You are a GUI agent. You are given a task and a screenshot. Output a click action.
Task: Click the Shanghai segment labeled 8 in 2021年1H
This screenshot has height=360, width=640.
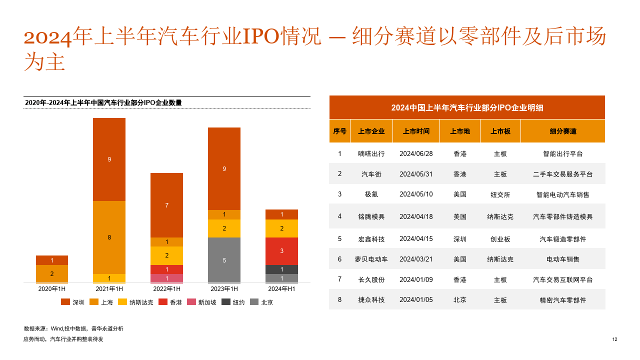click(x=109, y=237)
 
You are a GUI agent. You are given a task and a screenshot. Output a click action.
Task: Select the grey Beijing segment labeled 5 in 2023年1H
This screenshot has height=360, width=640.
click(x=224, y=260)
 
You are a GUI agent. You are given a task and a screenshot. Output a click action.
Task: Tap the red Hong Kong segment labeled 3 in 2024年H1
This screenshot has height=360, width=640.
click(x=281, y=251)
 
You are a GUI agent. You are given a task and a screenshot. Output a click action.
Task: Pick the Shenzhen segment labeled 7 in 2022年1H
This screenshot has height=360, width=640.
click(x=166, y=205)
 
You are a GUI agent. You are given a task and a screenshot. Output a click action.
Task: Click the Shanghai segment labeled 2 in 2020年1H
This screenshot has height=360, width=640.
click(x=52, y=274)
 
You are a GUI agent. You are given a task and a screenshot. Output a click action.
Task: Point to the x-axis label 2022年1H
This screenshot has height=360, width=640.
click(x=166, y=289)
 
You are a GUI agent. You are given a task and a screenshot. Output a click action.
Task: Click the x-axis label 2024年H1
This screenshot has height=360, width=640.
click(x=281, y=289)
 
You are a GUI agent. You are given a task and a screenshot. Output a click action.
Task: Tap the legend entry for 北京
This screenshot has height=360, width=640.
click(x=261, y=302)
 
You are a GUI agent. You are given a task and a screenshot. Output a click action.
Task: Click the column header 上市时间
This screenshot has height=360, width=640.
click(x=416, y=131)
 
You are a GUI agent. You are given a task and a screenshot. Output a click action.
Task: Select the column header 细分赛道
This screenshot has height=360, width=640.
click(x=563, y=131)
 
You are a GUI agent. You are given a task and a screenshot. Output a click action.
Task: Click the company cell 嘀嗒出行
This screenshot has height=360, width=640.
click(x=371, y=154)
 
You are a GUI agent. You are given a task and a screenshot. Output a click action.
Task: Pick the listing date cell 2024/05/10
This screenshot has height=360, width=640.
click(x=416, y=194)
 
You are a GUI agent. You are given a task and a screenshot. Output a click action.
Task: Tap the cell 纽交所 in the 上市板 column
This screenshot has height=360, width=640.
click(x=500, y=194)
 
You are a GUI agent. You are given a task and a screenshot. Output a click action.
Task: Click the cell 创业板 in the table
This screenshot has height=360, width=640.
click(x=500, y=239)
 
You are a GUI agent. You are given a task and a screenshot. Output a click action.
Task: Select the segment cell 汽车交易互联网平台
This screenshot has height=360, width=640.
click(x=563, y=279)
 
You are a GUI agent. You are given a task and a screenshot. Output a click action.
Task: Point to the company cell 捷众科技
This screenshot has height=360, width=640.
click(x=371, y=300)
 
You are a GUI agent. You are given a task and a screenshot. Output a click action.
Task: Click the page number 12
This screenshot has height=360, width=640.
click(x=614, y=339)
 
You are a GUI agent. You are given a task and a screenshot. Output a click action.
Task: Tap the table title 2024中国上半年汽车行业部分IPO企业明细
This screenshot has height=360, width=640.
click(x=467, y=107)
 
